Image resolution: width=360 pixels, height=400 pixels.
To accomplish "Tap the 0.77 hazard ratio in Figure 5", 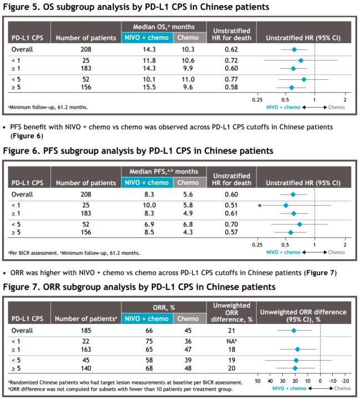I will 231,79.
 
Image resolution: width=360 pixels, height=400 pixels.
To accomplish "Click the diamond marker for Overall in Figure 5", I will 294,49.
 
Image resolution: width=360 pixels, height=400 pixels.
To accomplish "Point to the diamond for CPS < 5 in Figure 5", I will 303,79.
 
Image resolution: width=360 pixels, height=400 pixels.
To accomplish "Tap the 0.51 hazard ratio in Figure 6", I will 231,205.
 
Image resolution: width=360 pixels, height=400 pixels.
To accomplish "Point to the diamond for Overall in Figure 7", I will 294,331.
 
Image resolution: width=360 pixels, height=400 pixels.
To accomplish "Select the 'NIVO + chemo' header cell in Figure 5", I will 146,38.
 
